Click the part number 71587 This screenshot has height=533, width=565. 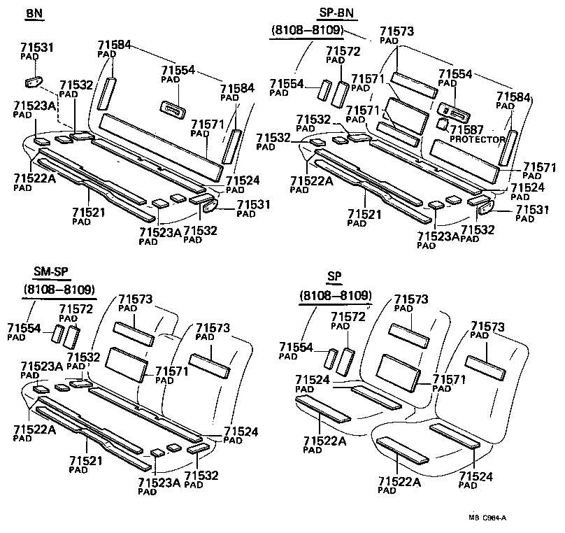click(467, 130)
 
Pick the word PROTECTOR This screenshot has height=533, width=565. click(477, 140)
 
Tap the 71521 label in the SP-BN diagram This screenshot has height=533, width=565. click(363, 213)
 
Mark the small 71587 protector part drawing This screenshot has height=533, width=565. click(442, 124)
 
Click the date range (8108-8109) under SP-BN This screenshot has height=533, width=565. click(313, 30)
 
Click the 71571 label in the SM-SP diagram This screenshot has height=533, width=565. click(171, 371)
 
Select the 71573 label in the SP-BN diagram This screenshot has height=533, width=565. click(396, 31)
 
